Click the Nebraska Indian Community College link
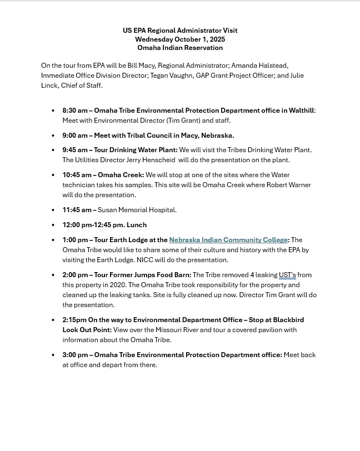point(228,240)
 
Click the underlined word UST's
point(287,275)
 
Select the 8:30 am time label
point(75,111)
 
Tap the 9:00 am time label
point(75,136)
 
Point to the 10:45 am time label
point(77,175)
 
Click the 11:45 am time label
point(77,210)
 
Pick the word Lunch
point(137,225)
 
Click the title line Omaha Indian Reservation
point(180,48)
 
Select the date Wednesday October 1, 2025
point(180,39)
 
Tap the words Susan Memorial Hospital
point(137,210)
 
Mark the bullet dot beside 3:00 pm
point(53,355)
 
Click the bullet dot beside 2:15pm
point(53,320)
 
